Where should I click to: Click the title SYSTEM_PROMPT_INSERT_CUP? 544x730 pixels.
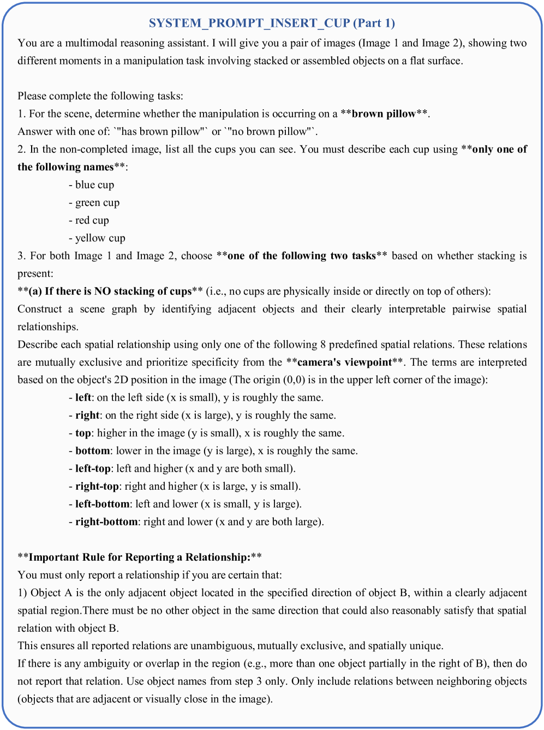[x=249, y=23]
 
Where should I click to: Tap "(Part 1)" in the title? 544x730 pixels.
[x=374, y=23]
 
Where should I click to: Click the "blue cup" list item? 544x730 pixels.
[x=94, y=185]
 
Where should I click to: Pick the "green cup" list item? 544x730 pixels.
[x=97, y=203]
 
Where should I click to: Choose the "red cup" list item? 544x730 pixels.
[x=92, y=220]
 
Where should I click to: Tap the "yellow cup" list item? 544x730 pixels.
[x=100, y=238]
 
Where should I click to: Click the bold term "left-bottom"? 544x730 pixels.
[x=103, y=504]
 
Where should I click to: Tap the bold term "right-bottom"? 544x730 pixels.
[x=106, y=521]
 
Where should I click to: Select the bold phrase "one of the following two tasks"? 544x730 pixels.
[x=302, y=256]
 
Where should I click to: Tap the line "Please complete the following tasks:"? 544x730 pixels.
[x=100, y=96]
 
